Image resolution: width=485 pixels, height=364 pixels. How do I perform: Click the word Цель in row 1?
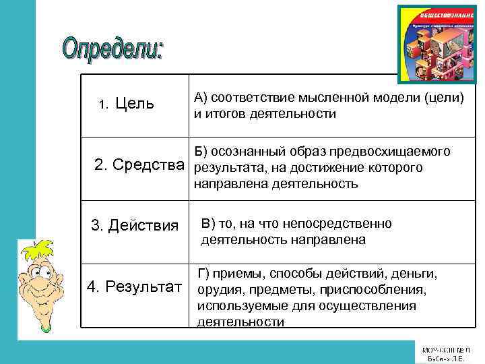click(x=135, y=104)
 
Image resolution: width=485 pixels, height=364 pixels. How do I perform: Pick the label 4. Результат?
click(x=135, y=287)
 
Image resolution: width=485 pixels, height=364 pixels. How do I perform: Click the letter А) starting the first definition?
click(x=200, y=98)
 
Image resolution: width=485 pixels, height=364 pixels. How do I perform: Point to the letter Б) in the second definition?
click(x=201, y=151)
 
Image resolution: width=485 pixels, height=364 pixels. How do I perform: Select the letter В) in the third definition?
click(x=207, y=224)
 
